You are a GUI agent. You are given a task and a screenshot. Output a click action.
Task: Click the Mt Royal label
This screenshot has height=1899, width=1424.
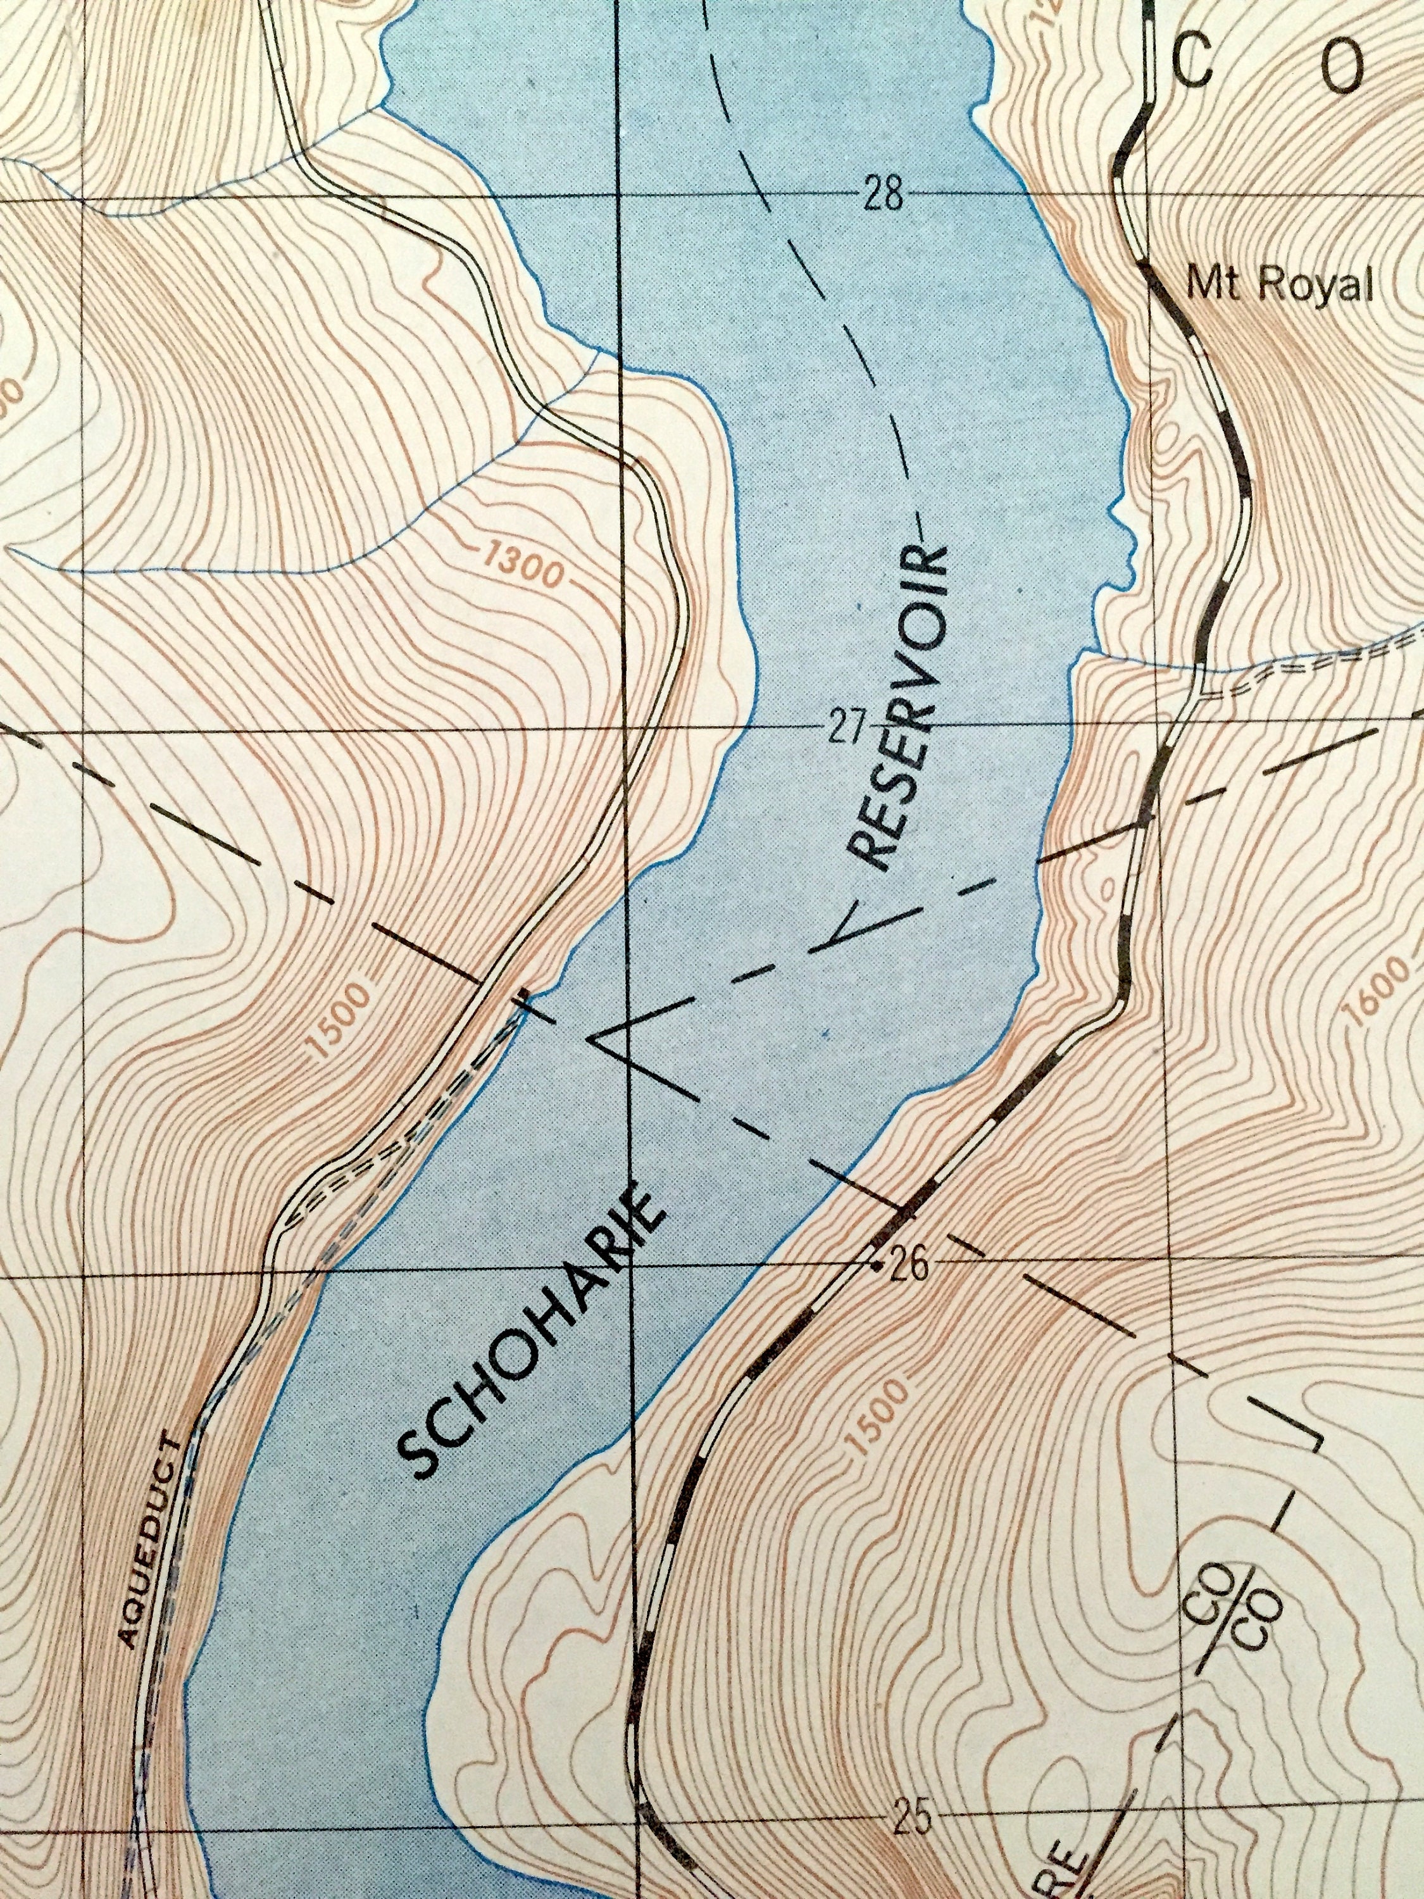1279,286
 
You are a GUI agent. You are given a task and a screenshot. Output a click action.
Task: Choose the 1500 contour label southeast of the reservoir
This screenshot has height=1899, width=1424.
875,1417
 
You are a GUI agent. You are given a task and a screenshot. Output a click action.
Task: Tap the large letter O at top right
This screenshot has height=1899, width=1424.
1340,68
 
